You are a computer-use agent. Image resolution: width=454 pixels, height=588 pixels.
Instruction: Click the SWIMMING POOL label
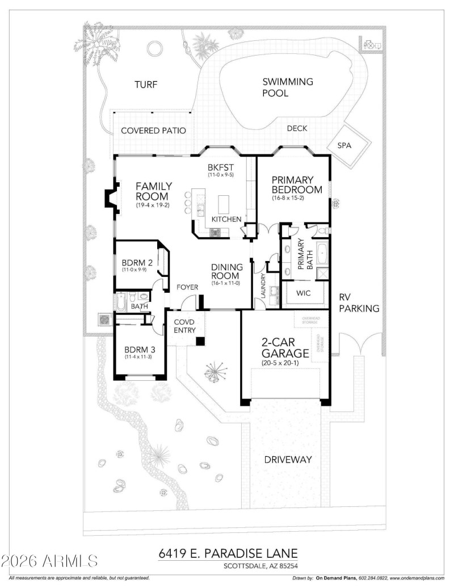point(287,87)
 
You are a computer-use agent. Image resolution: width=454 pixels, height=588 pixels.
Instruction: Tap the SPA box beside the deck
point(344,145)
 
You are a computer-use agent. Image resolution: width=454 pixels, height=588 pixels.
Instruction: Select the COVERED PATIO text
point(153,131)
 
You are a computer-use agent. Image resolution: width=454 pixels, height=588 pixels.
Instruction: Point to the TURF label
point(145,85)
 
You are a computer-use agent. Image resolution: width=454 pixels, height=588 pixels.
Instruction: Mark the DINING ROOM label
point(227,271)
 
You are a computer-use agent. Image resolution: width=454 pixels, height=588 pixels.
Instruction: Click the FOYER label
point(187,287)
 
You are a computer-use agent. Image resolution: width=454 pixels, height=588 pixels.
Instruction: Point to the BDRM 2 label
point(137,263)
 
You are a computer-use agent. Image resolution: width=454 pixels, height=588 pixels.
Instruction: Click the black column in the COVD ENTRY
point(200,341)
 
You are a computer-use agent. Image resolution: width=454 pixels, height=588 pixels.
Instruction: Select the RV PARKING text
point(358,303)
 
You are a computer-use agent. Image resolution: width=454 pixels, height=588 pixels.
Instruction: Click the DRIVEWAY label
point(288,460)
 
